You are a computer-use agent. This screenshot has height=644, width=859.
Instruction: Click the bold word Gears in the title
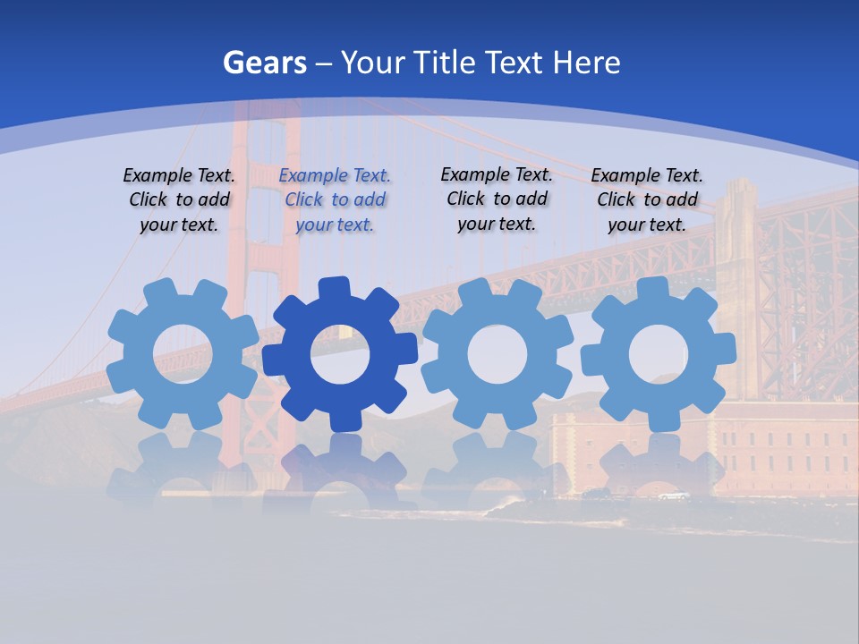[264, 63]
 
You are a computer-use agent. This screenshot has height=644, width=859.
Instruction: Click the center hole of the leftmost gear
[183, 353]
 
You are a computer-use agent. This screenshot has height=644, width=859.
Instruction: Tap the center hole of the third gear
[498, 353]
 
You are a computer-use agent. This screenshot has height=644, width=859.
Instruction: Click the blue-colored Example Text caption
[335, 199]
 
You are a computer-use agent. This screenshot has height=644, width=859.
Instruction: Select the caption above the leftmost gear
[179, 199]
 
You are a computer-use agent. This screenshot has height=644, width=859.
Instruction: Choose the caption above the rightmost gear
[647, 199]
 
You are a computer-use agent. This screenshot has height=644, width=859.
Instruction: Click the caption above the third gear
[497, 199]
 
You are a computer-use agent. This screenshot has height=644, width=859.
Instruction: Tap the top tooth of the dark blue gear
[332, 288]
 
